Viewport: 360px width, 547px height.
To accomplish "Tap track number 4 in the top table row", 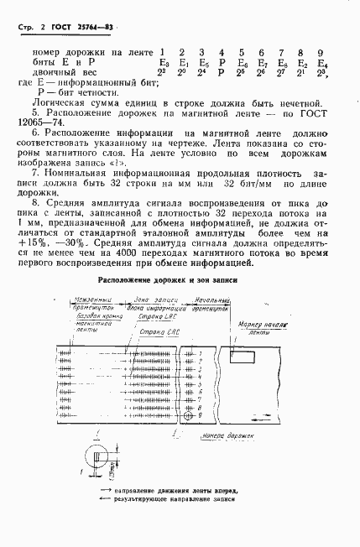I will tap(221, 53).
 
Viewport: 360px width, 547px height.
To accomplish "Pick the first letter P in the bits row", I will tap(222, 63).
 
